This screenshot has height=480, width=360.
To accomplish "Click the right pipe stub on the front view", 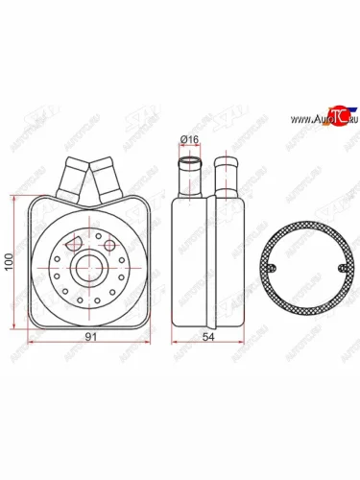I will [x=105, y=177].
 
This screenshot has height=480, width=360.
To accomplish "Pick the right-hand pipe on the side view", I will [x=228, y=176].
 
